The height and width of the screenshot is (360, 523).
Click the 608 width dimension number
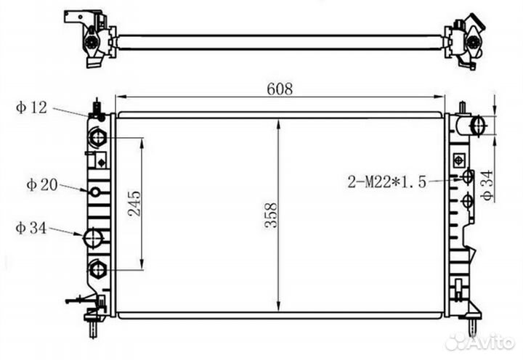280,89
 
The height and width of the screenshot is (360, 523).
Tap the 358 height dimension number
271,216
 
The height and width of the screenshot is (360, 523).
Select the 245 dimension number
134,203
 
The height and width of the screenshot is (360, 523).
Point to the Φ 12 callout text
31,107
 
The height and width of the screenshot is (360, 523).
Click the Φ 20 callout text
42,184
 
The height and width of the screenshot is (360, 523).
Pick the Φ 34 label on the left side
31,228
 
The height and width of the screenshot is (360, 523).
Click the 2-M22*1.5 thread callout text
387,182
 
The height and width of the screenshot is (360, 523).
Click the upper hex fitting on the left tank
97,137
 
